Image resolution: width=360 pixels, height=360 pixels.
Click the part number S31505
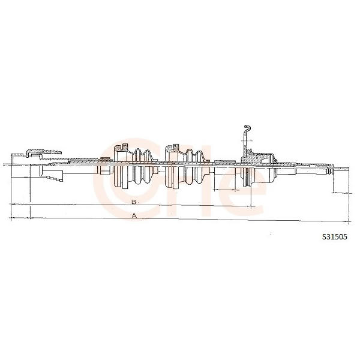pos(335,237)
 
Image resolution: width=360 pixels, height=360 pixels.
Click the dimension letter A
pos(134,215)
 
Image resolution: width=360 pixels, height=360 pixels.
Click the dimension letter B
pos(134,202)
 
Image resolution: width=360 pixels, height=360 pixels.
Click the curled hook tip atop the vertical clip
pos(247,127)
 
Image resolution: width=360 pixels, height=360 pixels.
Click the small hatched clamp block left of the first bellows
pos(105,158)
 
